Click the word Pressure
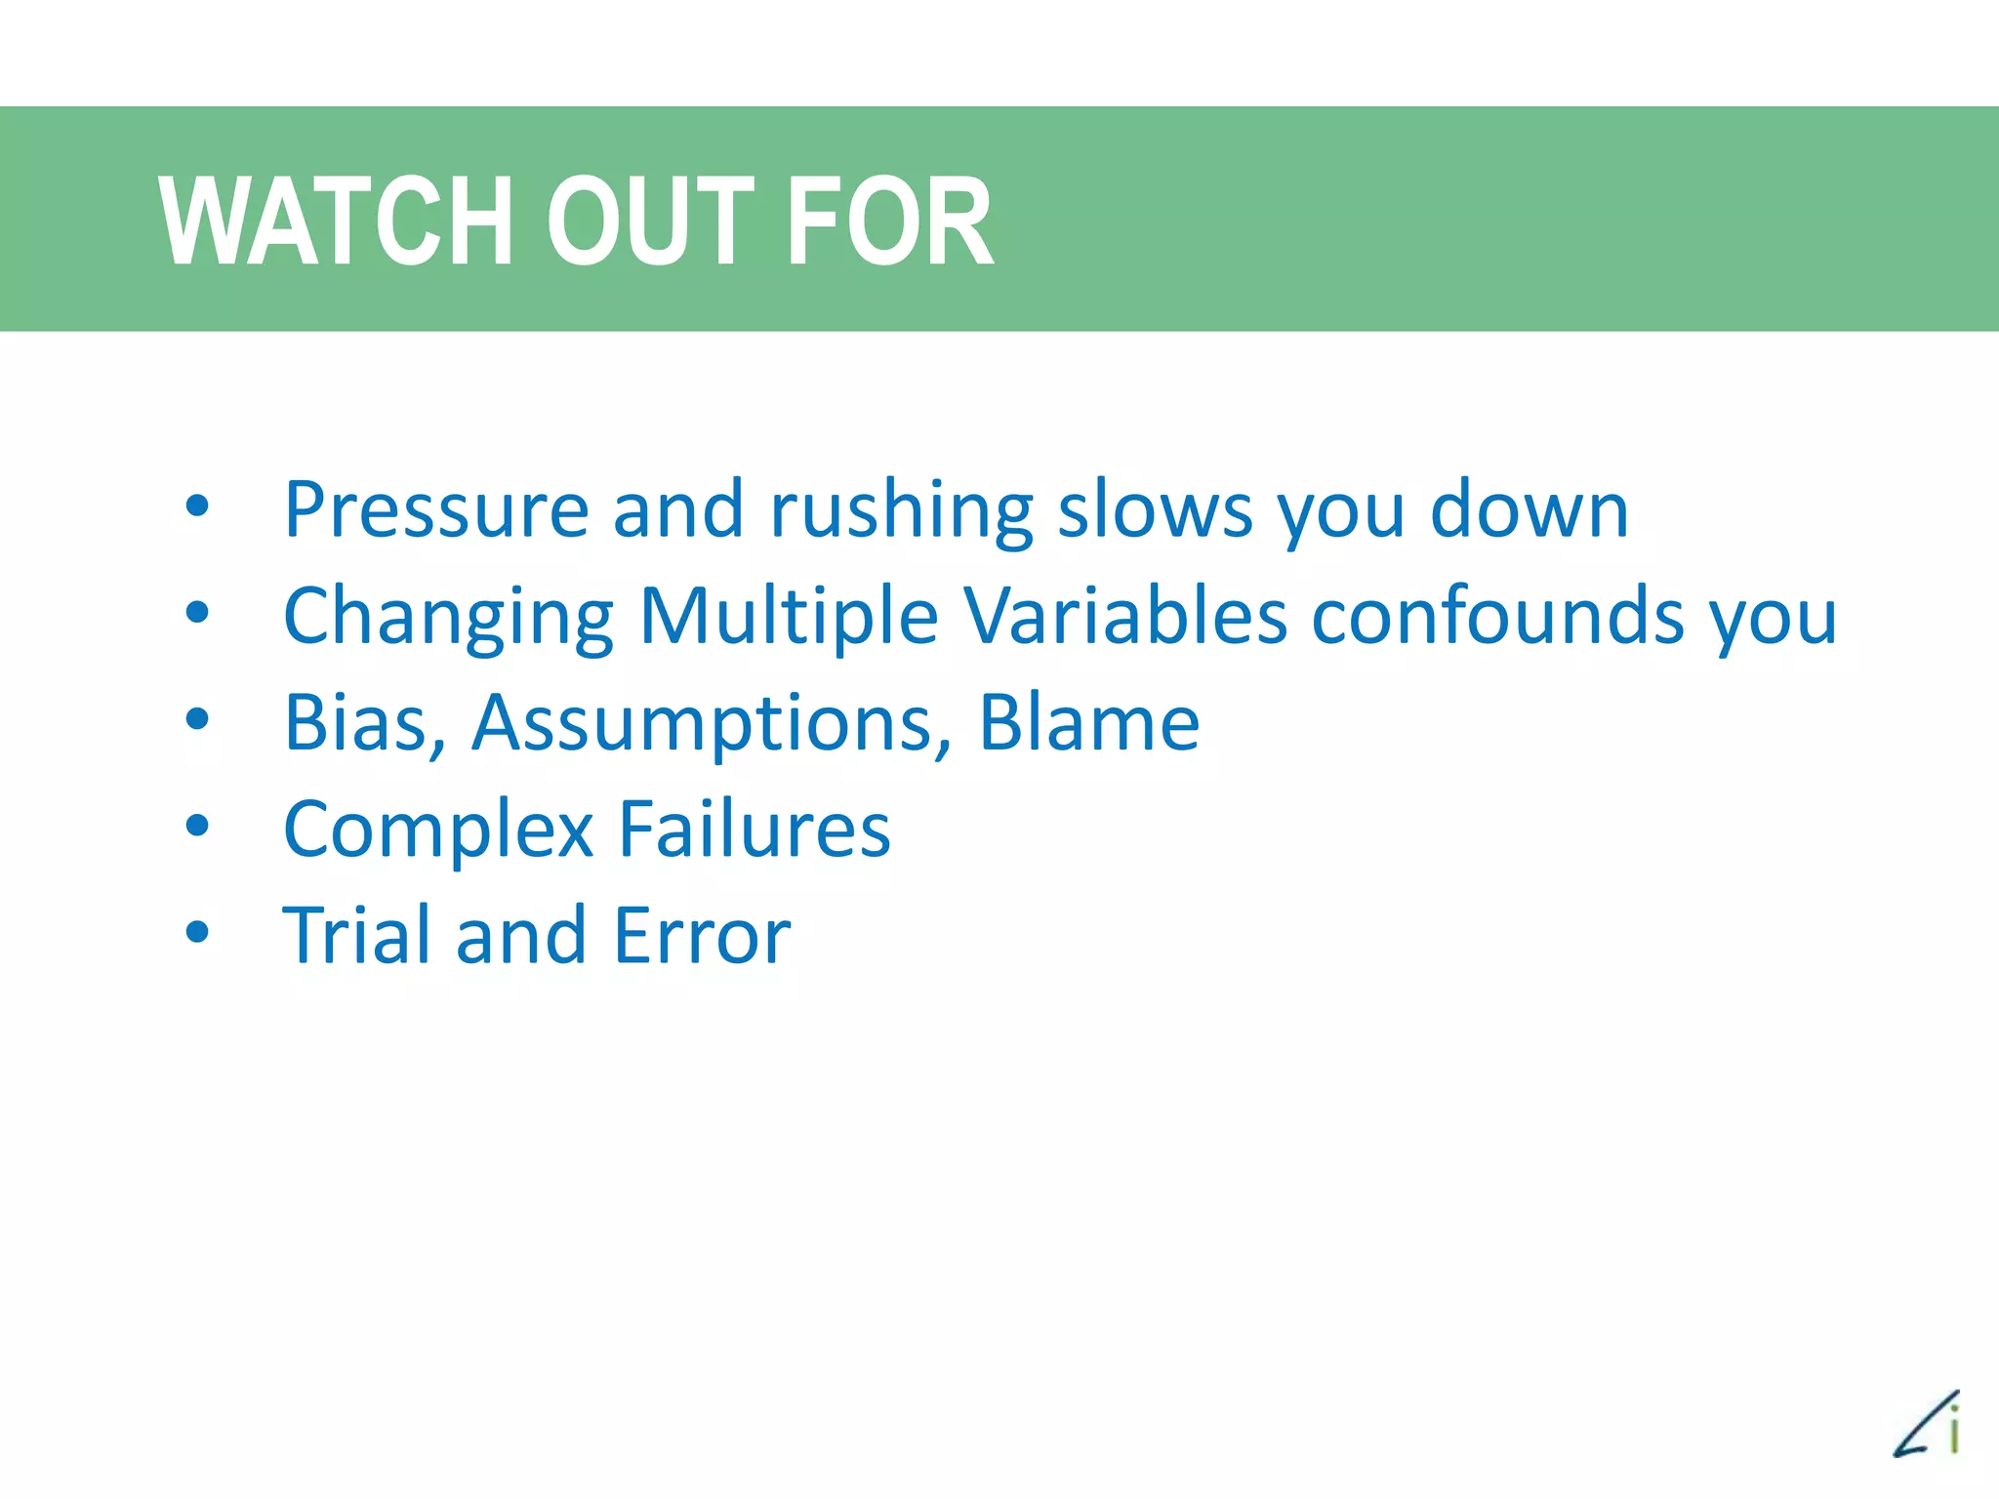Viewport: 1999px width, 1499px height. point(436,509)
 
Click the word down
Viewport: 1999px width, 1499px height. point(1530,509)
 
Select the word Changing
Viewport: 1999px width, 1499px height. point(448,618)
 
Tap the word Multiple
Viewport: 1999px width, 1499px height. point(789,618)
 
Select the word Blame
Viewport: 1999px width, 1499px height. point(1089,723)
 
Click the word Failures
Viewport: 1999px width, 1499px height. point(755,829)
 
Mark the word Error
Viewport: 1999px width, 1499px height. point(702,935)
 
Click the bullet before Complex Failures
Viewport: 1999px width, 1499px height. point(197,827)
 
